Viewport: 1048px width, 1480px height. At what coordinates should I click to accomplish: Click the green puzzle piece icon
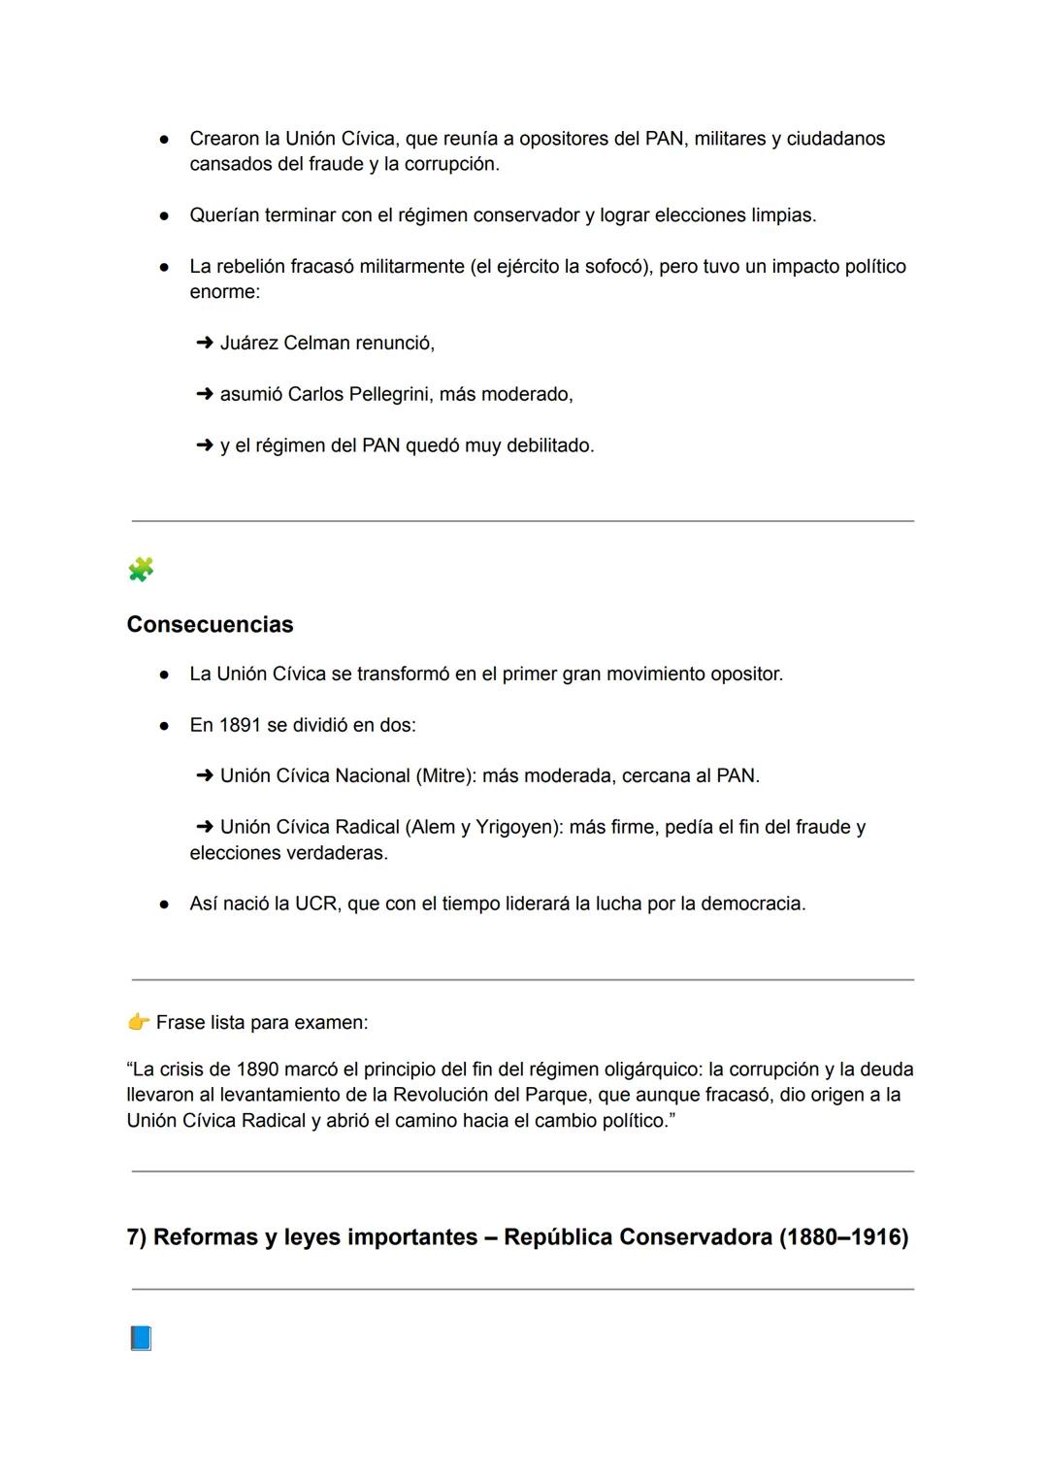point(141,570)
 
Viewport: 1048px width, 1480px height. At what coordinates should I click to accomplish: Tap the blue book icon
point(141,1339)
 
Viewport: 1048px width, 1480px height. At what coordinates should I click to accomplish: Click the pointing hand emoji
point(138,1022)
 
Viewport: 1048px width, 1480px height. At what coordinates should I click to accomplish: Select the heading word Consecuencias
point(210,624)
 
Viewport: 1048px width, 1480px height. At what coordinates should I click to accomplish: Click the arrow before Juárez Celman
point(204,343)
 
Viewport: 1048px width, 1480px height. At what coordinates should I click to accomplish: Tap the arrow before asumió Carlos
point(204,394)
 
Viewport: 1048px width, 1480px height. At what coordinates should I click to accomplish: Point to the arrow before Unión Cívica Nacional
point(204,775)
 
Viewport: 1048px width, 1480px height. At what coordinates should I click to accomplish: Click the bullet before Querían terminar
point(165,215)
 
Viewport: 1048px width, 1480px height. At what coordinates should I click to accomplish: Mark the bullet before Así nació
point(165,904)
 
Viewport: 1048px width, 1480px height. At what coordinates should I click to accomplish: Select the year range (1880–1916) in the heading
point(843,1237)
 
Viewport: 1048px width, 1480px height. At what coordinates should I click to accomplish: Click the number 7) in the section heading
point(137,1237)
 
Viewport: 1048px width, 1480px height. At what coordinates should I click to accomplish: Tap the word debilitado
point(549,445)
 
